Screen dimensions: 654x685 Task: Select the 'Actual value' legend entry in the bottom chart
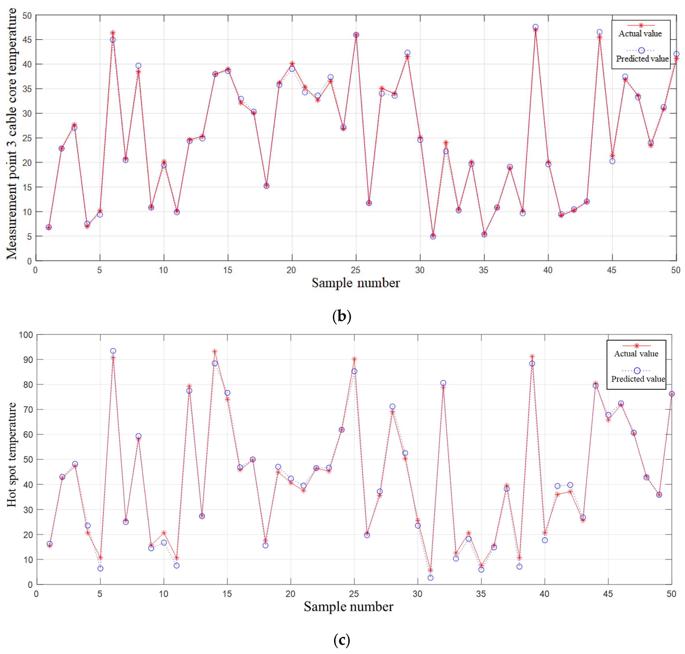pyautogui.click(x=636, y=353)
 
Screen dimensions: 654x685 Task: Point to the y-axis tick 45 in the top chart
pyautogui.click(x=27, y=40)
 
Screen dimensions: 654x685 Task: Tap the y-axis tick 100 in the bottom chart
pyautogui.click(x=26, y=335)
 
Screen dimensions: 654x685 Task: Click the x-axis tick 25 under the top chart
pyautogui.click(x=355, y=270)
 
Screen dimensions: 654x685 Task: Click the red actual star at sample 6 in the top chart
pyautogui.click(x=113, y=33)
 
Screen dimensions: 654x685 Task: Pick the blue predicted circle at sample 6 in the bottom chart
pyautogui.click(x=113, y=351)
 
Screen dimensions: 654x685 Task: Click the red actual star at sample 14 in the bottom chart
pyautogui.click(x=214, y=351)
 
